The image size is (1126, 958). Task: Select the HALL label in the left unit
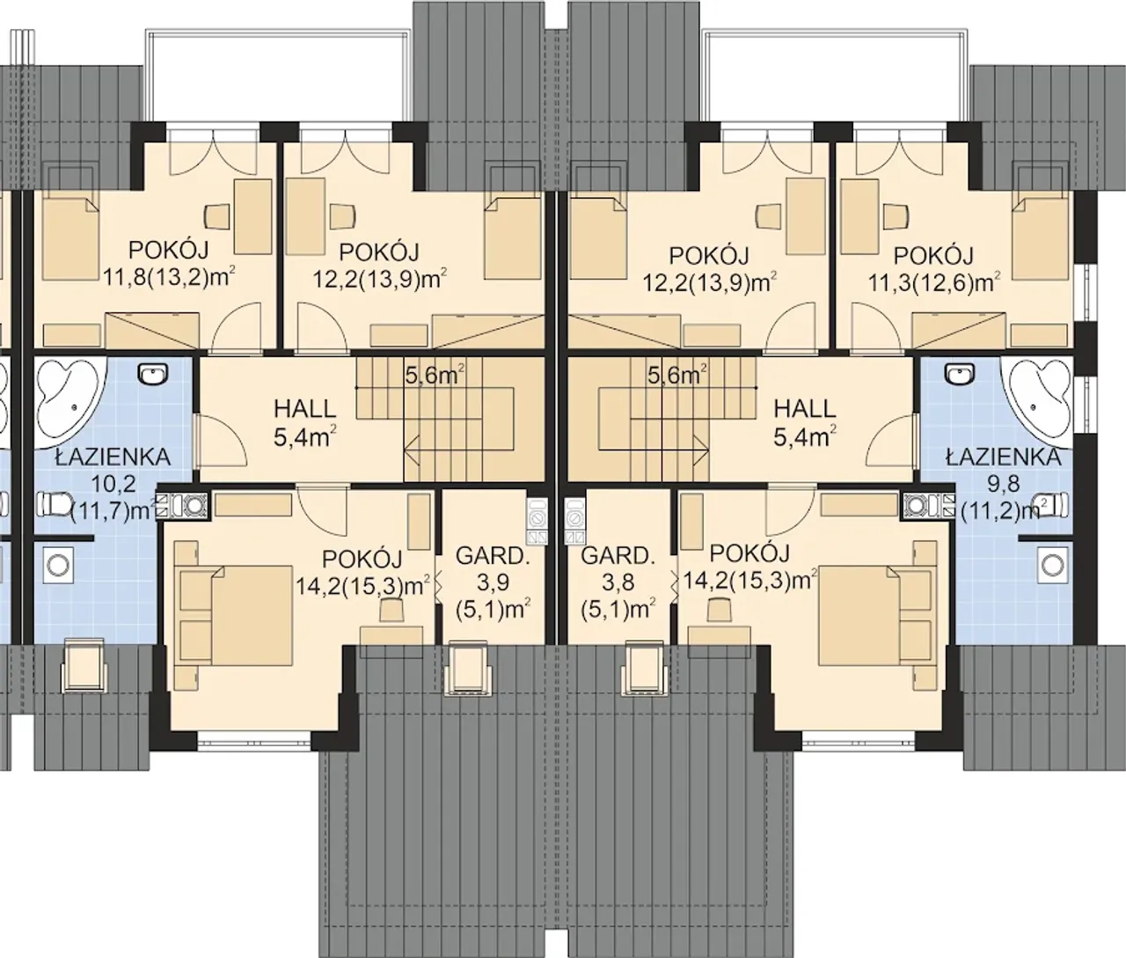(x=304, y=423)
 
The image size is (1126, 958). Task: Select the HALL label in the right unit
(x=805, y=423)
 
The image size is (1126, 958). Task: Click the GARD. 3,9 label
(x=493, y=582)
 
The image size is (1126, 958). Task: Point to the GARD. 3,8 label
(x=618, y=582)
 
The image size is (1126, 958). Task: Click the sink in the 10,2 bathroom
(x=154, y=374)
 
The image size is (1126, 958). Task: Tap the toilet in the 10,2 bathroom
(x=55, y=505)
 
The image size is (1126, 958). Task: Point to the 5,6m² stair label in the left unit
(x=435, y=375)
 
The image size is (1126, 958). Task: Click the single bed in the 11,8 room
(x=71, y=238)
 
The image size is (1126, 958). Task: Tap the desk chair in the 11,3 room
(x=896, y=216)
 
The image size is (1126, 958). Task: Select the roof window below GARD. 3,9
(x=465, y=669)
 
